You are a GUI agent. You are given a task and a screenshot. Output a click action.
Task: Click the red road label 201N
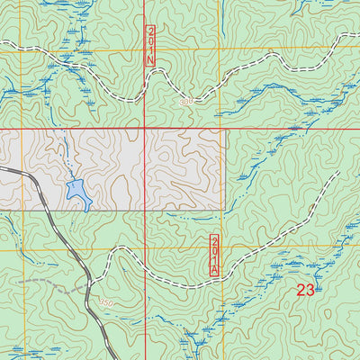click(150, 45)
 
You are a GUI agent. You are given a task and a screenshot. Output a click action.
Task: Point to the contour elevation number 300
click(185, 103)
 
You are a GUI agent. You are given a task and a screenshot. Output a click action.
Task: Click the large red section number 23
click(305, 290)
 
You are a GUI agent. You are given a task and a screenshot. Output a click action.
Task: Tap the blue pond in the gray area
click(77, 192)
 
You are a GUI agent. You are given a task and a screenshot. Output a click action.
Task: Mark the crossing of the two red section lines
click(145, 129)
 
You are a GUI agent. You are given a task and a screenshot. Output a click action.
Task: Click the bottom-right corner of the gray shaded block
click(225, 211)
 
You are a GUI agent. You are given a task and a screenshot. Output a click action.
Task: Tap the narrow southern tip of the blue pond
click(87, 208)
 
